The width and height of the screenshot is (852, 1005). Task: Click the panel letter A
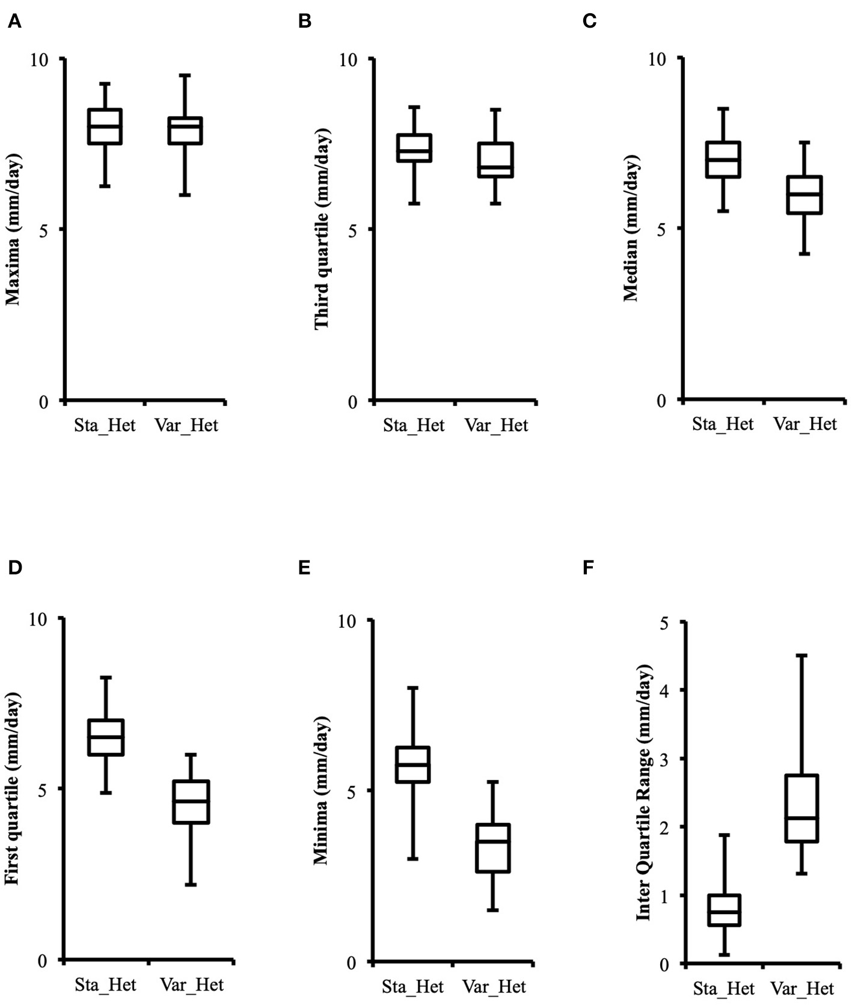(x=14, y=22)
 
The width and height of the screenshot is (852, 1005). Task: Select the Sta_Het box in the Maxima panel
(x=105, y=126)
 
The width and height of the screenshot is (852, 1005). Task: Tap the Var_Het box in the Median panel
(x=804, y=195)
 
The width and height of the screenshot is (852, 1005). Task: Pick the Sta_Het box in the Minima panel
(x=412, y=764)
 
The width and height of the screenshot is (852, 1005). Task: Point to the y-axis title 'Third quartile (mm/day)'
(x=322, y=229)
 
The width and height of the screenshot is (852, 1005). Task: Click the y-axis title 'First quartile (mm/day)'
(x=13, y=788)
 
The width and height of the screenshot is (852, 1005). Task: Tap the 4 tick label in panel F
(x=664, y=690)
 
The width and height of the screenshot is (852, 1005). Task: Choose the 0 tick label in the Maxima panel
(x=43, y=402)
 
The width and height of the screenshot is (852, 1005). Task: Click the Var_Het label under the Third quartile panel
(x=497, y=425)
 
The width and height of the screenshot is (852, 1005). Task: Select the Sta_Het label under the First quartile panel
(x=105, y=985)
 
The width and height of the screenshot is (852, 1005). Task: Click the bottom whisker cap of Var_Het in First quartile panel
(x=191, y=885)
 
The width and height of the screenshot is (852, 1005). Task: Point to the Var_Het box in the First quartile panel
(x=191, y=802)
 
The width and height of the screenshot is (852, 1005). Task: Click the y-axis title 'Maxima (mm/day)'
(x=13, y=229)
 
